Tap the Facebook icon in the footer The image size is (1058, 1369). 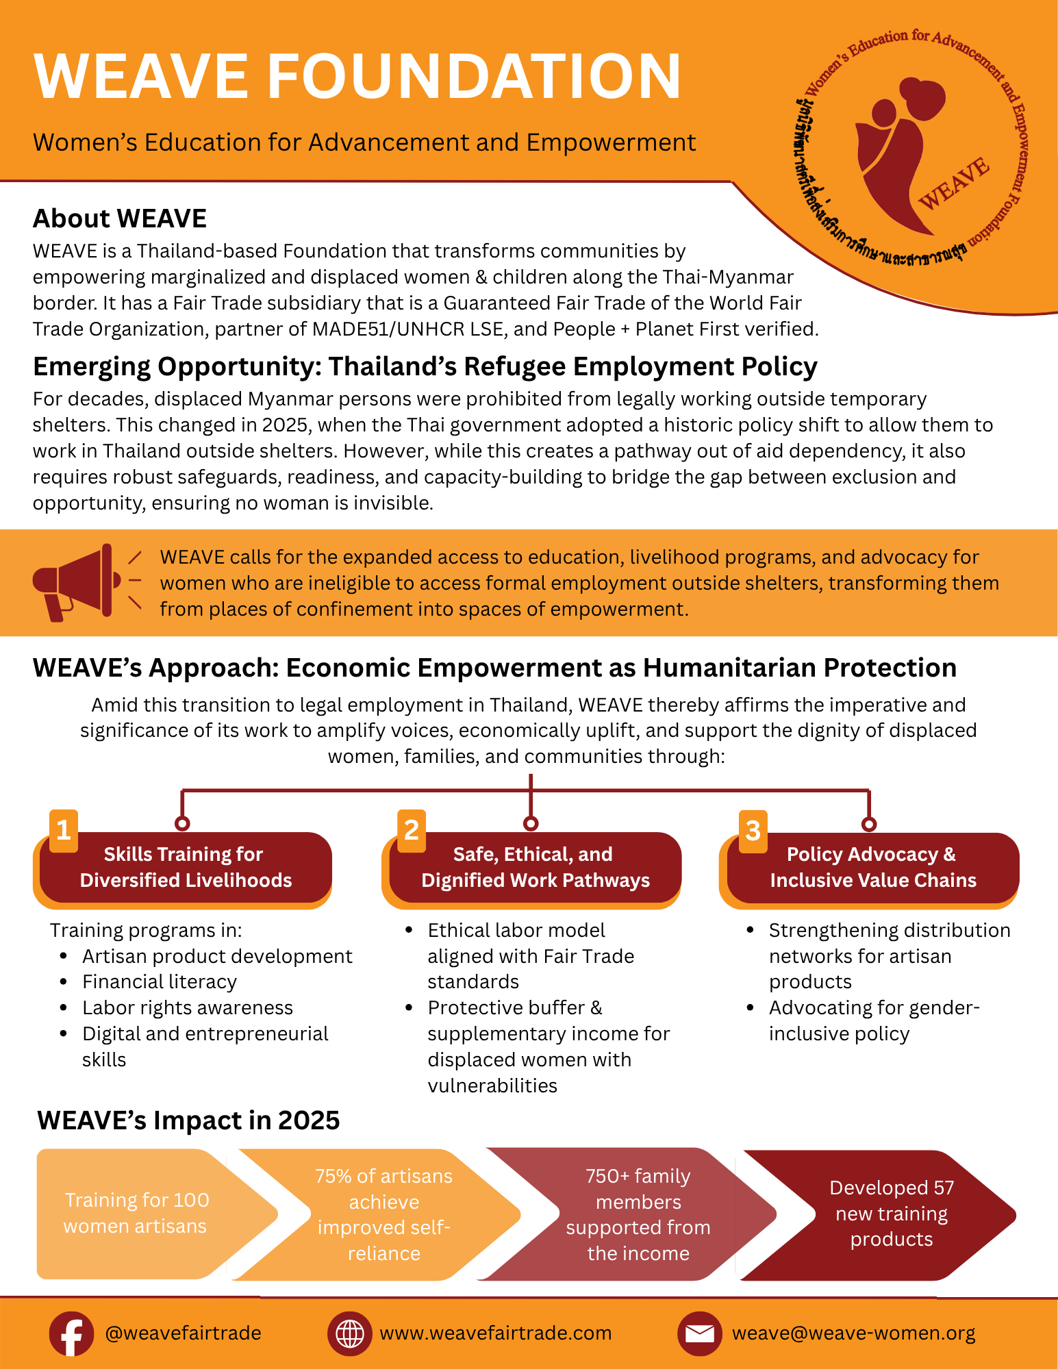71,1333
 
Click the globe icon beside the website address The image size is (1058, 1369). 350,1333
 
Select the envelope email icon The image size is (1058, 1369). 699,1333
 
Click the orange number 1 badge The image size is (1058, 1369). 64,830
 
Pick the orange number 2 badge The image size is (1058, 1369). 412,830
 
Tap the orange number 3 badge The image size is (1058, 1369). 753,831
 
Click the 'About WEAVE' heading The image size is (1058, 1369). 120,218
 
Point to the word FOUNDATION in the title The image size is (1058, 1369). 473,76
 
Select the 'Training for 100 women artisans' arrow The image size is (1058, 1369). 137,1213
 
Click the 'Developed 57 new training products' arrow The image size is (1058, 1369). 892,1214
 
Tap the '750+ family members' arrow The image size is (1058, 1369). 638,1214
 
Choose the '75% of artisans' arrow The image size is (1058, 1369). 383,1214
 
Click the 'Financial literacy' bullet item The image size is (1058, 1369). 159,982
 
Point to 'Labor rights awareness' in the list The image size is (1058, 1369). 187,1008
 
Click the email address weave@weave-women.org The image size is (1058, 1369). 853,1333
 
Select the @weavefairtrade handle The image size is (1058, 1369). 183,1333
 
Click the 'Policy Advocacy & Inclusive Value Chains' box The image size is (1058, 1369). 872,868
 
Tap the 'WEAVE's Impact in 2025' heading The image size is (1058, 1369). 188,1120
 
